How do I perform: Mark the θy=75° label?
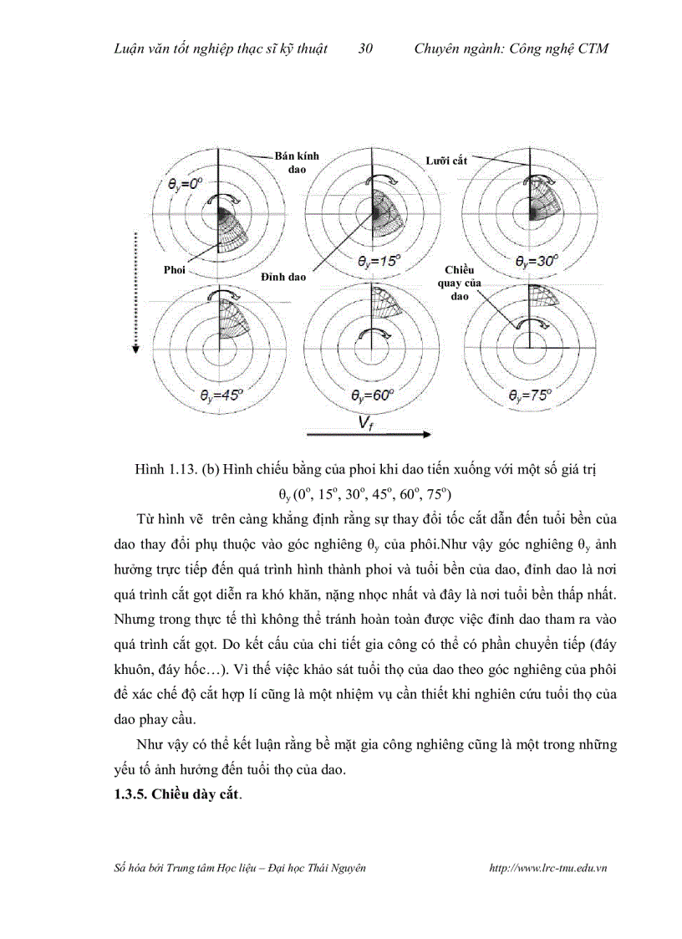tap(530, 396)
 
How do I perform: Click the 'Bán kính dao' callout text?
tap(297, 162)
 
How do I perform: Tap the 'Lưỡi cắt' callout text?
tap(445, 161)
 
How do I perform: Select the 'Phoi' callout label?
tap(174, 270)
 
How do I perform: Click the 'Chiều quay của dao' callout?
tap(461, 283)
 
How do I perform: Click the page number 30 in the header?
tap(365, 48)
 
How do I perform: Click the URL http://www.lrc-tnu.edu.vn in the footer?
tap(547, 868)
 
